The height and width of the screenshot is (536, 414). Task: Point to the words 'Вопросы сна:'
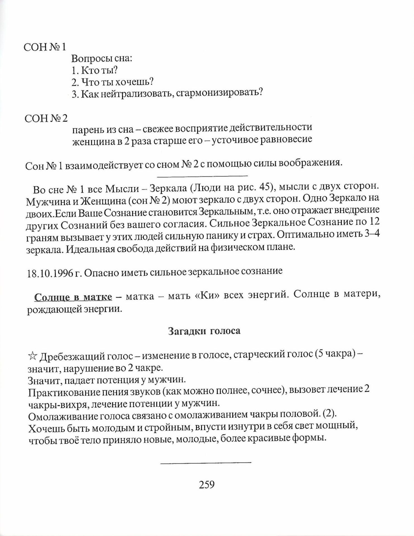coord(102,59)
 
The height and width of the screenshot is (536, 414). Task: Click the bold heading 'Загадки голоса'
coord(204,331)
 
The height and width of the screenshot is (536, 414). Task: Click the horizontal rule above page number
coord(206,463)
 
